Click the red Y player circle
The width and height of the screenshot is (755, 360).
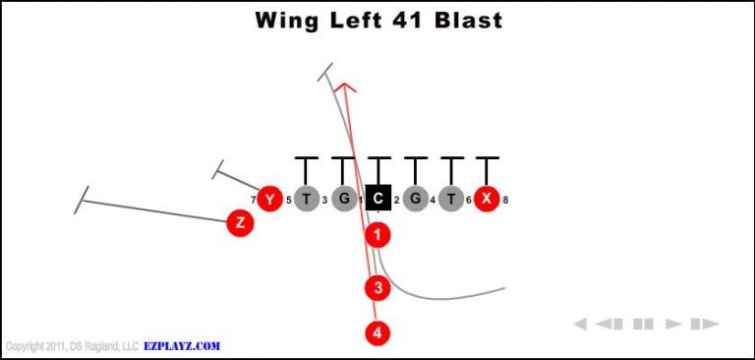click(270, 199)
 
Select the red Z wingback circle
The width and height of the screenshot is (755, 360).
click(240, 223)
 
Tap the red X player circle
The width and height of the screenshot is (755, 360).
click(486, 199)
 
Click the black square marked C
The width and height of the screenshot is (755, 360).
click(378, 199)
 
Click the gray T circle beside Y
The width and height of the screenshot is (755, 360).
click(307, 199)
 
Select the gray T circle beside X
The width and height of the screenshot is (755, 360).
click(451, 199)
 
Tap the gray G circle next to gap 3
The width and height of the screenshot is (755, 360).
click(343, 199)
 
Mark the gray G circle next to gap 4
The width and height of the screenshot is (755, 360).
click(416, 199)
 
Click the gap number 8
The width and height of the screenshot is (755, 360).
click(505, 201)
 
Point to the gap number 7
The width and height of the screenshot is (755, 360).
click(253, 201)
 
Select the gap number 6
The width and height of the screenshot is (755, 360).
click(469, 201)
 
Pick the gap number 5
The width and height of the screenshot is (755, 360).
click(289, 201)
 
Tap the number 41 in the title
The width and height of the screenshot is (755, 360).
click(404, 20)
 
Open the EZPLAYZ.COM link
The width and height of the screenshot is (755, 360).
click(181, 346)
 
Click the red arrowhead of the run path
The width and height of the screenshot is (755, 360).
click(344, 89)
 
